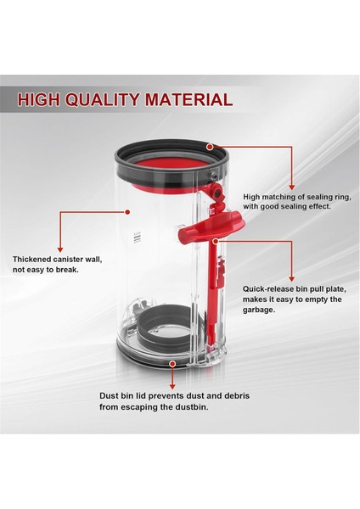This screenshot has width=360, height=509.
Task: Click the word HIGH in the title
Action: (x=37, y=99)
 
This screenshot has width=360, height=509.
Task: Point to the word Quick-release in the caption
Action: (x=272, y=287)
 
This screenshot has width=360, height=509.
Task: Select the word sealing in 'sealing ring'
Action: (x=313, y=194)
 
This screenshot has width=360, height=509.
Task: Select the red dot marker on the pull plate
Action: (x=217, y=240)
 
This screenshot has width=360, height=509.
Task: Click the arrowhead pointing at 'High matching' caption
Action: (x=293, y=187)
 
